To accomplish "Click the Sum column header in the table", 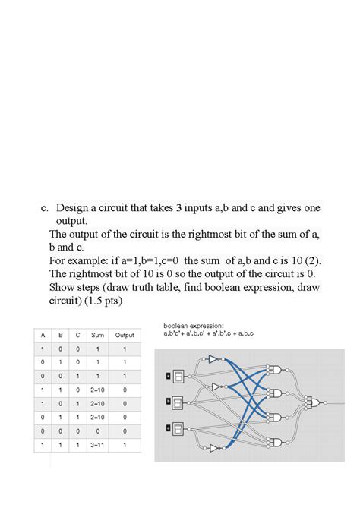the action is (97, 335).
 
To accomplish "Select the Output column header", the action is (125, 335).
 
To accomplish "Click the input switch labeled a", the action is (178, 375).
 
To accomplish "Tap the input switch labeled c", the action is (178, 426).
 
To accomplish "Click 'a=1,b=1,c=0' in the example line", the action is (149, 260).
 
